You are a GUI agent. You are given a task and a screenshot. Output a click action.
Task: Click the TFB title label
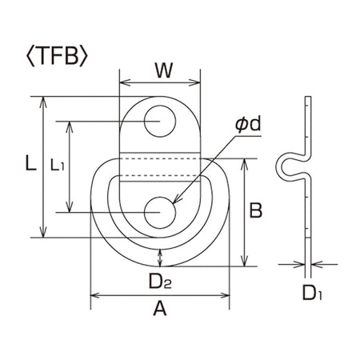(x=57, y=56)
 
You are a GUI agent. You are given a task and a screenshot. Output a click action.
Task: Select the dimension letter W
(x=164, y=70)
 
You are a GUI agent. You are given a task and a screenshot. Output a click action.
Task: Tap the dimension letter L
(x=30, y=163)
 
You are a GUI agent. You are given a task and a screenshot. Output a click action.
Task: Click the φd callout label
(x=248, y=124)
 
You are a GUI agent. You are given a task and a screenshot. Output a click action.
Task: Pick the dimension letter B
(x=255, y=210)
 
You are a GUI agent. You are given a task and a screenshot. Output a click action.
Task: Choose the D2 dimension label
(x=160, y=282)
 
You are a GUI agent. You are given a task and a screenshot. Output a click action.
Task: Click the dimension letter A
(x=160, y=308)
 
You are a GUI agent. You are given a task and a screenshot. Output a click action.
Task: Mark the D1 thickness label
(x=312, y=293)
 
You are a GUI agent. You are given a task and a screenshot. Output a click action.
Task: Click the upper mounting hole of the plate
(x=160, y=121)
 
